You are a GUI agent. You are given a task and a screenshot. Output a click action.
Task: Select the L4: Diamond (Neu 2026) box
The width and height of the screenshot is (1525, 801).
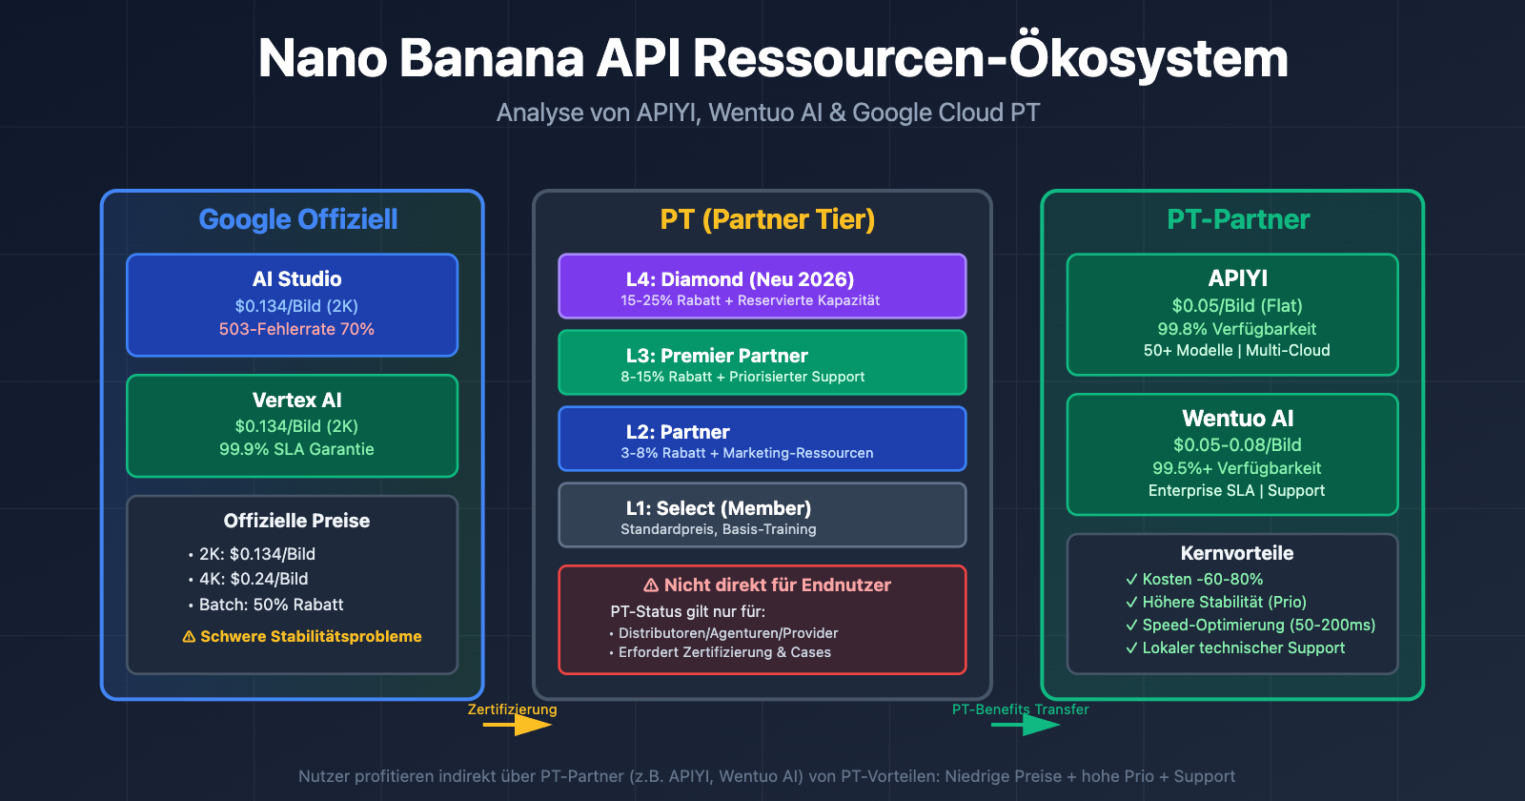[762, 286]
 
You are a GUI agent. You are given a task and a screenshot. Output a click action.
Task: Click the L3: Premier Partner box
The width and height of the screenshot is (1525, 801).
[762, 362]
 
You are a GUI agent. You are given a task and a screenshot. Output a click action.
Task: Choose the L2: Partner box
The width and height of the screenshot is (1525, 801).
[762, 439]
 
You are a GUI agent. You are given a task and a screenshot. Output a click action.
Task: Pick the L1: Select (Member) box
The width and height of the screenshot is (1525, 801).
[762, 515]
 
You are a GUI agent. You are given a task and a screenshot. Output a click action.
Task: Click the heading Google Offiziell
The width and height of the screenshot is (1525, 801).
[297, 219]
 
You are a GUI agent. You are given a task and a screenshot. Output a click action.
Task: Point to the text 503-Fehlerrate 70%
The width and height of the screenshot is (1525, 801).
[296, 329]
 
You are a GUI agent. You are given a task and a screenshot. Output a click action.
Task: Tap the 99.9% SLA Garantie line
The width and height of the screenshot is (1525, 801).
[296, 449]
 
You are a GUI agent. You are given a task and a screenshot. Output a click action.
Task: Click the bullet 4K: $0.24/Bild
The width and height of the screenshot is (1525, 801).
[254, 579]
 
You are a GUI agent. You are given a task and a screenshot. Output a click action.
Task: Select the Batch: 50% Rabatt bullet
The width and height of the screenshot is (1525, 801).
[271, 605]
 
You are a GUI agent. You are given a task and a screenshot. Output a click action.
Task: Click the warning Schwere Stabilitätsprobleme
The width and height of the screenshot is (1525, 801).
[302, 636]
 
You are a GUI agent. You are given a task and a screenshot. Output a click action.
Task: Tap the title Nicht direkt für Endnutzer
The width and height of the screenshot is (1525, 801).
[767, 585]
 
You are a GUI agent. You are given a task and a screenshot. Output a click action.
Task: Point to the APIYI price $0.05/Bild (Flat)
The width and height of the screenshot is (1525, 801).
[1237, 306]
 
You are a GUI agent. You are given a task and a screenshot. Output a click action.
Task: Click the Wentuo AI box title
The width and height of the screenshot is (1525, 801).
[1237, 419]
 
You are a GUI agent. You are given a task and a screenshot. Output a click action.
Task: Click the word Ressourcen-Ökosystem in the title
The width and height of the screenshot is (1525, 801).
[990, 59]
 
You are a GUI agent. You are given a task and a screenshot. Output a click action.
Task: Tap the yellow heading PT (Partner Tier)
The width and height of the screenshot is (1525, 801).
[767, 219]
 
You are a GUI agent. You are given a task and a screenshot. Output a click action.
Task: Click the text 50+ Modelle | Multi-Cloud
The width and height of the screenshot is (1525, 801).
[1237, 350]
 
